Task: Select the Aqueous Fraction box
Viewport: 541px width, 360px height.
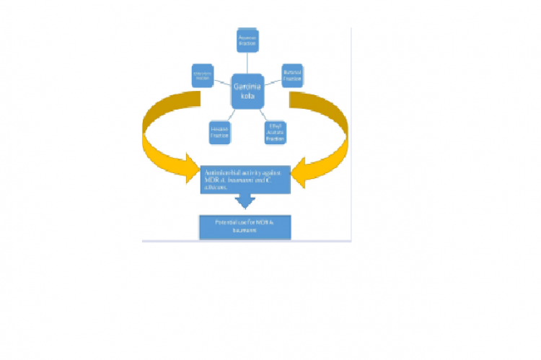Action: [247, 40]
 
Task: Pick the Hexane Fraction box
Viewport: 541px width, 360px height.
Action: [219, 131]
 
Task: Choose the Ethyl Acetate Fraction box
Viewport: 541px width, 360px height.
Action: [273, 132]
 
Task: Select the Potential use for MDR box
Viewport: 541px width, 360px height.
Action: [245, 228]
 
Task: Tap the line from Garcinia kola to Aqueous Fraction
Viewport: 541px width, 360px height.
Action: [247, 63]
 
